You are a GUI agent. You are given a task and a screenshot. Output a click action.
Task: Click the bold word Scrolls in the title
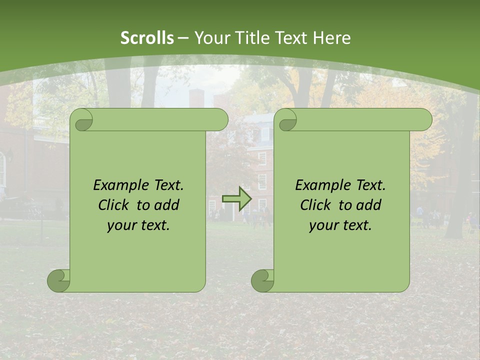pos(147,38)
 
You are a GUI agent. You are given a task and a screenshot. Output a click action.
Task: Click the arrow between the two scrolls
pos(237,199)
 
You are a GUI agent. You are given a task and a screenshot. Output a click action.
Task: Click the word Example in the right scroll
pos(320,185)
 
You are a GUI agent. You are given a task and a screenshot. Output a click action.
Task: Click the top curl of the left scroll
pos(82,120)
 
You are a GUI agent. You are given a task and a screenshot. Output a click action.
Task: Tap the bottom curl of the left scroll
pos(59,280)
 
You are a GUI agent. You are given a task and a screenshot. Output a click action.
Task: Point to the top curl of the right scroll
pos(286,120)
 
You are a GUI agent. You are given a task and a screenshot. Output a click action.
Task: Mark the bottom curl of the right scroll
pos(263,280)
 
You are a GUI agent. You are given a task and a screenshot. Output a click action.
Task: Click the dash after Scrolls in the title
pos(184,38)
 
